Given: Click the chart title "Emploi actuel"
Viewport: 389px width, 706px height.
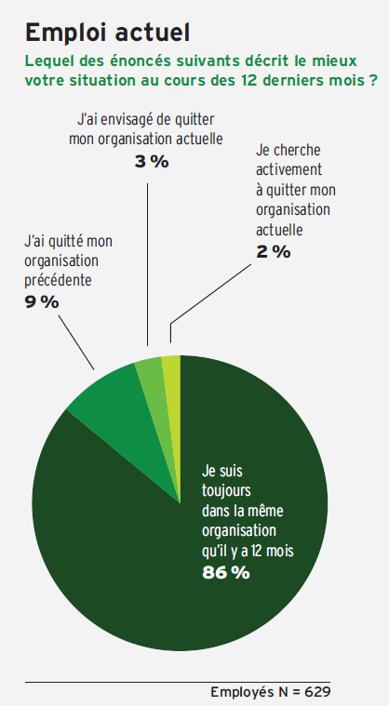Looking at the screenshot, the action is click(x=107, y=33).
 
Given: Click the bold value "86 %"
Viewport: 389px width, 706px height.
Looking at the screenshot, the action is click(x=225, y=573).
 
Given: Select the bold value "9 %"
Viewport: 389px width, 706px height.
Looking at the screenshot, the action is click(x=42, y=302).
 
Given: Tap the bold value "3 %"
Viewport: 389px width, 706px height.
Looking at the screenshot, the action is click(x=152, y=162).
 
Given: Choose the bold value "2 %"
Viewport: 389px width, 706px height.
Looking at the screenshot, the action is click(x=274, y=252).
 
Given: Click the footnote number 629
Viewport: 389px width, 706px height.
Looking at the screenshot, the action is click(x=317, y=692).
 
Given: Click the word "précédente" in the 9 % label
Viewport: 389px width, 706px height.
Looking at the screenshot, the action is click(x=58, y=281).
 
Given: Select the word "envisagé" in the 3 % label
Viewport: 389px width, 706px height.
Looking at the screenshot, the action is click(x=123, y=121).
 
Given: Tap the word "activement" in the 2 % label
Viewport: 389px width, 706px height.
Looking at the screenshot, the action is click(x=289, y=169).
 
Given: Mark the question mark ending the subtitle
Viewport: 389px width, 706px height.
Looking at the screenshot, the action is click(x=373, y=81).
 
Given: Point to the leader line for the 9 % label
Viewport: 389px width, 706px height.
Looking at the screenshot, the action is click(x=76, y=342).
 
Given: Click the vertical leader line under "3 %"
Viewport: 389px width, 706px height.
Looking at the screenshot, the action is click(x=148, y=265).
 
